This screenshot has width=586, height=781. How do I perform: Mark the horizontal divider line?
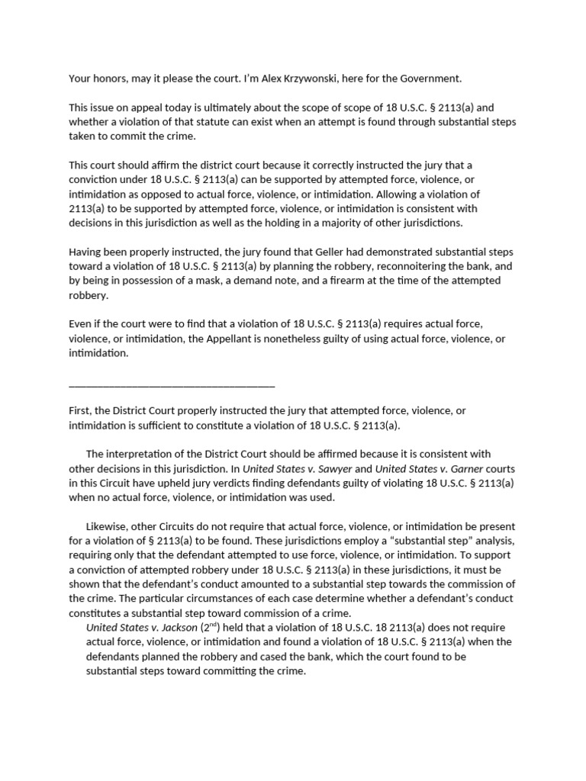pyautogui.click(x=172, y=386)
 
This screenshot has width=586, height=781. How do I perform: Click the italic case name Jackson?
pyautogui.click(x=175, y=628)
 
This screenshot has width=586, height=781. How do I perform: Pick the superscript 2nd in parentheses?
pyautogui.click(x=211, y=626)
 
